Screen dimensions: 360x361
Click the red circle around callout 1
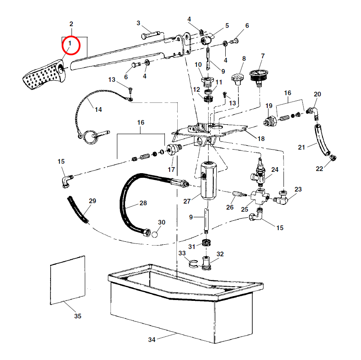70,45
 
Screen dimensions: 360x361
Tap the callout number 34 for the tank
152,340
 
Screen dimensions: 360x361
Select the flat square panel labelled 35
68,280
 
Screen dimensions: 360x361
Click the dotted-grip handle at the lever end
43,77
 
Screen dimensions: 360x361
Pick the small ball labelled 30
155,234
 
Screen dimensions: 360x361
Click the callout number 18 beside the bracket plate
260,138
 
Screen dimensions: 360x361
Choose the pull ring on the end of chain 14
90,137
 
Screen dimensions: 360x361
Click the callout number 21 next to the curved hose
301,147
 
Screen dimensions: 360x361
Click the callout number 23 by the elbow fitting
298,189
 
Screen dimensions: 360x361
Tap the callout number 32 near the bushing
220,254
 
